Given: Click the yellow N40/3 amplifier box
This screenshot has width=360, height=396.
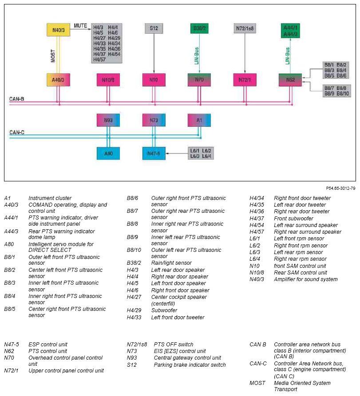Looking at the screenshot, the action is pos(59,30).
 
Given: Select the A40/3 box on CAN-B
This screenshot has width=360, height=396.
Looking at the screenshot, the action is pos(59,80).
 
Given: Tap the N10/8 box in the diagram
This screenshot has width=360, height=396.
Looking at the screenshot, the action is pos(108,80).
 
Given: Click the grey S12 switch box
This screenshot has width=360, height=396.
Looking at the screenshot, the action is pos(154,28).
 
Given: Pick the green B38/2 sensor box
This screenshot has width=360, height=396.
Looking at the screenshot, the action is pos(199,28).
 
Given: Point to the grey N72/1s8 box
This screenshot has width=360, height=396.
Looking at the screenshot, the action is pos(245,28).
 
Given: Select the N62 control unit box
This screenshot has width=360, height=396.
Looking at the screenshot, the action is pos(290,80).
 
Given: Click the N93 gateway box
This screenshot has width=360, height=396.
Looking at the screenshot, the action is pos(108,120).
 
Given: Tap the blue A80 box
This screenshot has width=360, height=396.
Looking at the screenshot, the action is pos(108,153).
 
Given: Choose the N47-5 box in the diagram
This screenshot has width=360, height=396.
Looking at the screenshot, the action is pos(154,153).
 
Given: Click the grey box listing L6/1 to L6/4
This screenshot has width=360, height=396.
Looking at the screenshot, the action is pos(201,153).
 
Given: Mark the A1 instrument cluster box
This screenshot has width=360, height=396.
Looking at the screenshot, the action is pos(199,120).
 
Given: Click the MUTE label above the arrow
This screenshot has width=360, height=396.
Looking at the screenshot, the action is pos(80,26).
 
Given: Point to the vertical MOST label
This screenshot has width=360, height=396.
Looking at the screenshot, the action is pos(53,56).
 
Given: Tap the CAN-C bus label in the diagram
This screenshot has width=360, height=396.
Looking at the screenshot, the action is pos(17,132).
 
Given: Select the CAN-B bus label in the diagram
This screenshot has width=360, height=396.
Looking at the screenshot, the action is pos(17,99).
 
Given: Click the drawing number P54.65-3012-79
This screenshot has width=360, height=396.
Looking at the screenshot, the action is pos(340,188).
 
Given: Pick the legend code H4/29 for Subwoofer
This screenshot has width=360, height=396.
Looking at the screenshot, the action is pos(134,310).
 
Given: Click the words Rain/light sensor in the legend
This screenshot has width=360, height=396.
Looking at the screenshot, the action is pos(171,263).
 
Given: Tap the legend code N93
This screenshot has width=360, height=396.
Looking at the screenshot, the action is pos(132,358).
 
